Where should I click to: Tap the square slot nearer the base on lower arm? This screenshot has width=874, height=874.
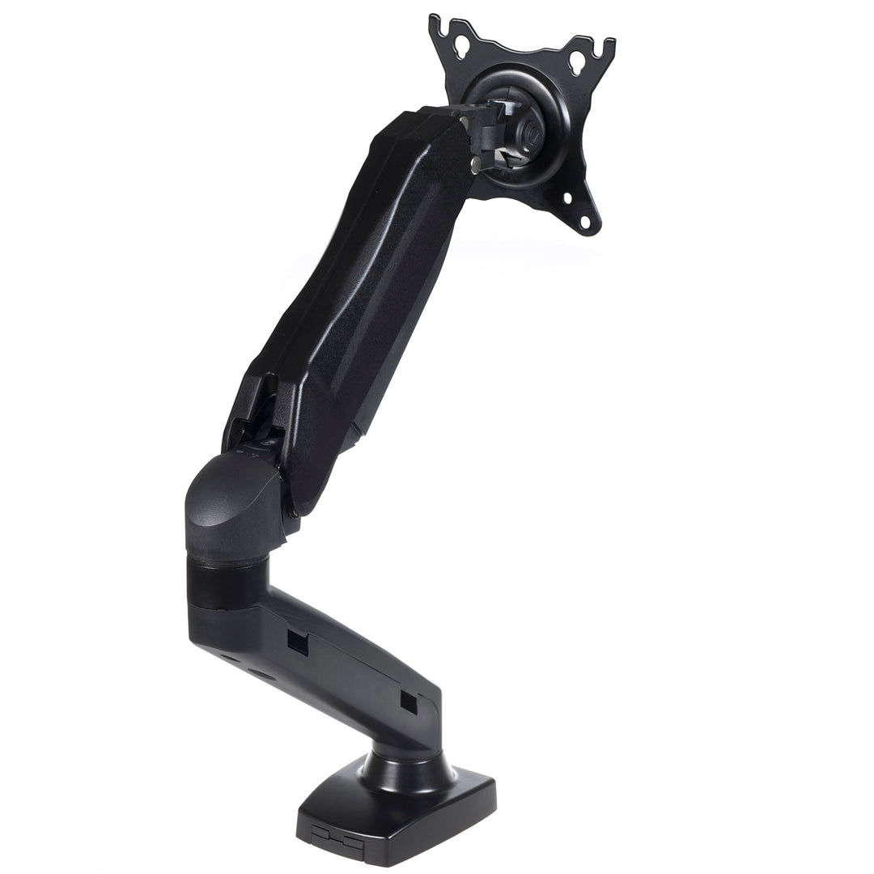pos(408,701)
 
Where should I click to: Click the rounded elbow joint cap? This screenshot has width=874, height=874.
pos(231,502)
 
